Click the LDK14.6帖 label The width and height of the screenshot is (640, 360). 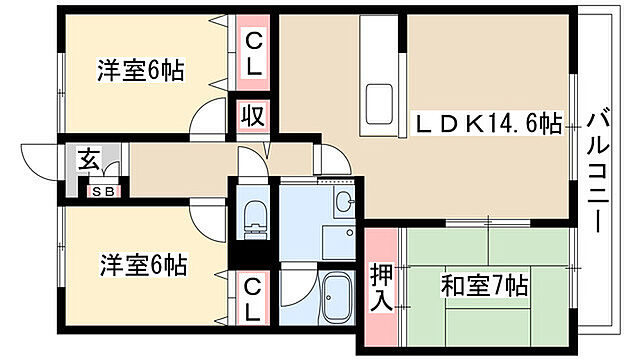pos(488,124)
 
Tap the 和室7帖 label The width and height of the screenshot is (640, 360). pos(483,285)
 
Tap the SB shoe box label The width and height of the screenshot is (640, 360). pos(102,190)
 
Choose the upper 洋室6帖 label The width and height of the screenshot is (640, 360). pos(141,71)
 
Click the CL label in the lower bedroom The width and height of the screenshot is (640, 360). pos(253,299)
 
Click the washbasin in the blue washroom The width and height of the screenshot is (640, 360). pos(343,203)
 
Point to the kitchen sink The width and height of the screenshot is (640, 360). pos(381,103)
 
